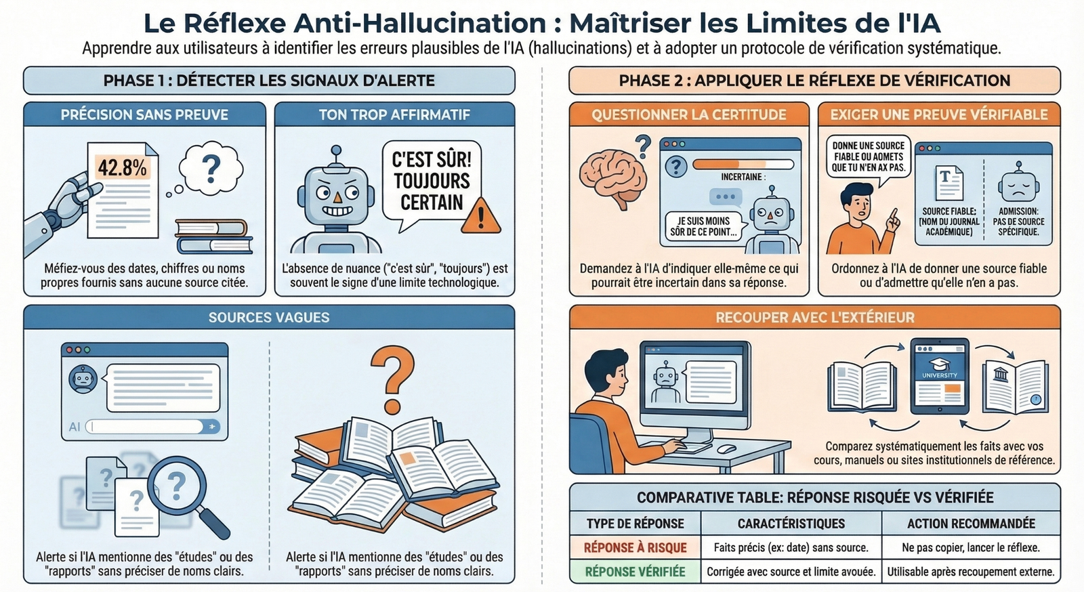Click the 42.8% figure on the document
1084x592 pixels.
(x=123, y=167)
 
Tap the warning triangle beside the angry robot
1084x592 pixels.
(x=482, y=216)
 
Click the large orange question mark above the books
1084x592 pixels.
(x=392, y=380)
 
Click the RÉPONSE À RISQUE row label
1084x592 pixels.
(x=635, y=547)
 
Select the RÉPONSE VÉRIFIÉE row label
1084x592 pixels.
(x=635, y=572)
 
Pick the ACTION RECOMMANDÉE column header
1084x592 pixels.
(x=971, y=524)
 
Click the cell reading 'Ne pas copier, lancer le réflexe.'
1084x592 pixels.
(x=971, y=547)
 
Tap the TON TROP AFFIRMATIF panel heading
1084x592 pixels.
(x=394, y=114)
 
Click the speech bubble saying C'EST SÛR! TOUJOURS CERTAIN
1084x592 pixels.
(x=432, y=182)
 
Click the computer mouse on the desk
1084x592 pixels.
(x=726, y=448)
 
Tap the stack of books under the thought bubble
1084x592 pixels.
(x=213, y=236)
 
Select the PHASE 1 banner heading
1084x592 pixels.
(x=269, y=81)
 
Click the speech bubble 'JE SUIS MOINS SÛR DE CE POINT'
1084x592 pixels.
(x=703, y=226)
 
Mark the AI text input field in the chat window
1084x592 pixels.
(x=146, y=427)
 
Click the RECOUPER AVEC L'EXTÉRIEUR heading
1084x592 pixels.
(x=814, y=317)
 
